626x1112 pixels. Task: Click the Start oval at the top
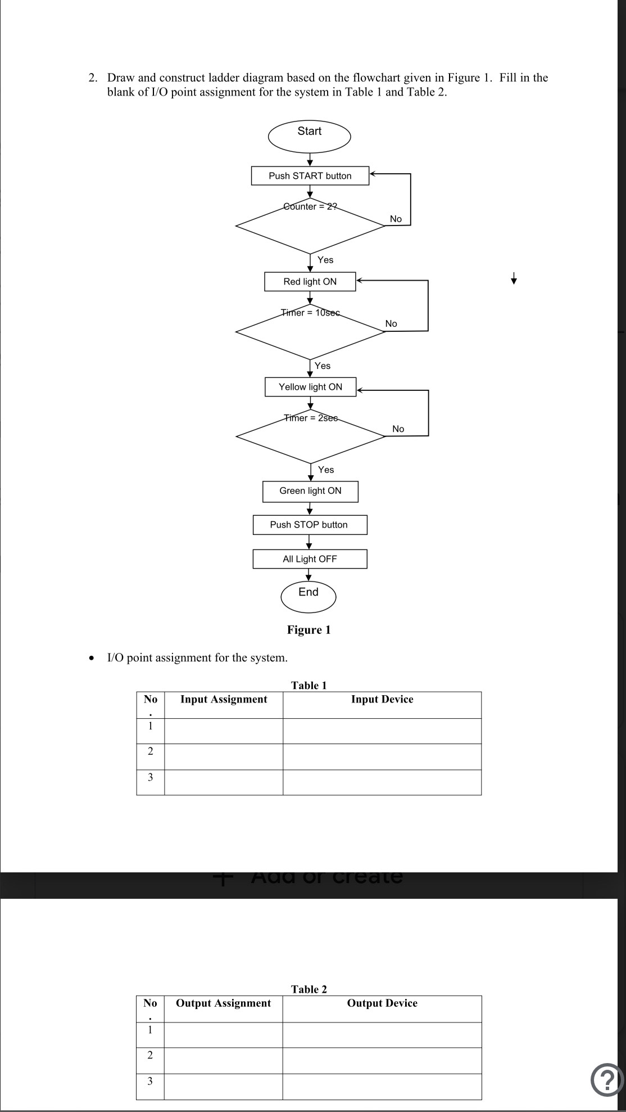[309, 136]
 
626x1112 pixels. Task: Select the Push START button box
[310, 175]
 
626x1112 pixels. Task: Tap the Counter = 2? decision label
[310, 206]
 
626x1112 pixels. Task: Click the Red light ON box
[310, 281]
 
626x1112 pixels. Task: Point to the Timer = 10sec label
[310, 312]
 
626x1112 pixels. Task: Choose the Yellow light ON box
[310, 387]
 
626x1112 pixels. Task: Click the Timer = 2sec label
[311, 418]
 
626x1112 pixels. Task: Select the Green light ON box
[310, 491]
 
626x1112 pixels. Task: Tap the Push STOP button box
[310, 525]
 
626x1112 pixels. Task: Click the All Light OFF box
[310, 559]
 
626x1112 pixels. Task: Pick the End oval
[309, 596]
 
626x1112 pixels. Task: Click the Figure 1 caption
[309, 630]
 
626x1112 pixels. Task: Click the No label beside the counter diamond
[396, 219]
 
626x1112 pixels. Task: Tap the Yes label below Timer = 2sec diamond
[325, 470]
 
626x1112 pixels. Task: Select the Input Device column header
[382, 699]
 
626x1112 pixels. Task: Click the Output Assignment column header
[223, 1003]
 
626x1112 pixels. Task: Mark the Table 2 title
[309, 989]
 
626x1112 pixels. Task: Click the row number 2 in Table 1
[150, 751]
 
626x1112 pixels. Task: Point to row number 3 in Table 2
[149, 1081]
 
